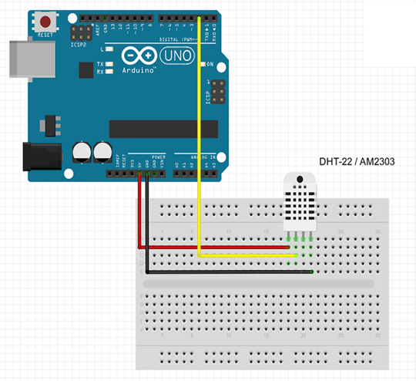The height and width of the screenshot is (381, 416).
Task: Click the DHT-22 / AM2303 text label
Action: [x=356, y=161]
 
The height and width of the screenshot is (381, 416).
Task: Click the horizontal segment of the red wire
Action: [x=216, y=248]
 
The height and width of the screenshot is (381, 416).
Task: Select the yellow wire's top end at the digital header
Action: [x=199, y=18]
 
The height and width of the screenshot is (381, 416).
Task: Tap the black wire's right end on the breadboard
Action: [x=310, y=272]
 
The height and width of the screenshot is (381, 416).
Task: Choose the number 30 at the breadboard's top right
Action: [x=377, y=232]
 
